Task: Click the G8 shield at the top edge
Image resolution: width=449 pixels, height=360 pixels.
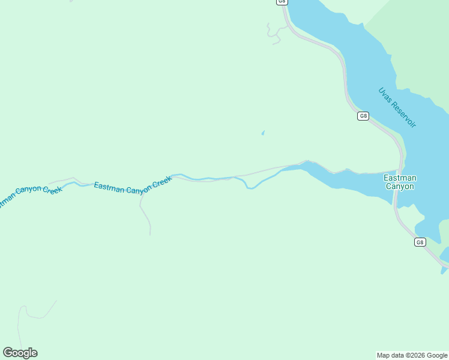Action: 282,2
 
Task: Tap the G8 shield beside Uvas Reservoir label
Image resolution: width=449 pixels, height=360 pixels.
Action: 363,116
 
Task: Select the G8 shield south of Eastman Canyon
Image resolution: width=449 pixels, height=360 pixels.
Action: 420,242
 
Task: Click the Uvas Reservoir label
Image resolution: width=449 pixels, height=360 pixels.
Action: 397,107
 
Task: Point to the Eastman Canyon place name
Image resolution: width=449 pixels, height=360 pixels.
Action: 399,182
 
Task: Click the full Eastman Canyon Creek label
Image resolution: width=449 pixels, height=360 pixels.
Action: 133,187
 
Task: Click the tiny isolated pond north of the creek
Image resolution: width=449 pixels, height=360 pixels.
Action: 262,133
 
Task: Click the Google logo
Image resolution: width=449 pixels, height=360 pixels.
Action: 20,353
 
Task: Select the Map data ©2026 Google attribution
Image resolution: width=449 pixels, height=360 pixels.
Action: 412,355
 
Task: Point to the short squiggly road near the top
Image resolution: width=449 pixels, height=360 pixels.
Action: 274,35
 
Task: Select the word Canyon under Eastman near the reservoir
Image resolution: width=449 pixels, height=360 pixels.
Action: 399,186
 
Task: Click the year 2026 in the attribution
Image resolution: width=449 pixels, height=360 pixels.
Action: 418,355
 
